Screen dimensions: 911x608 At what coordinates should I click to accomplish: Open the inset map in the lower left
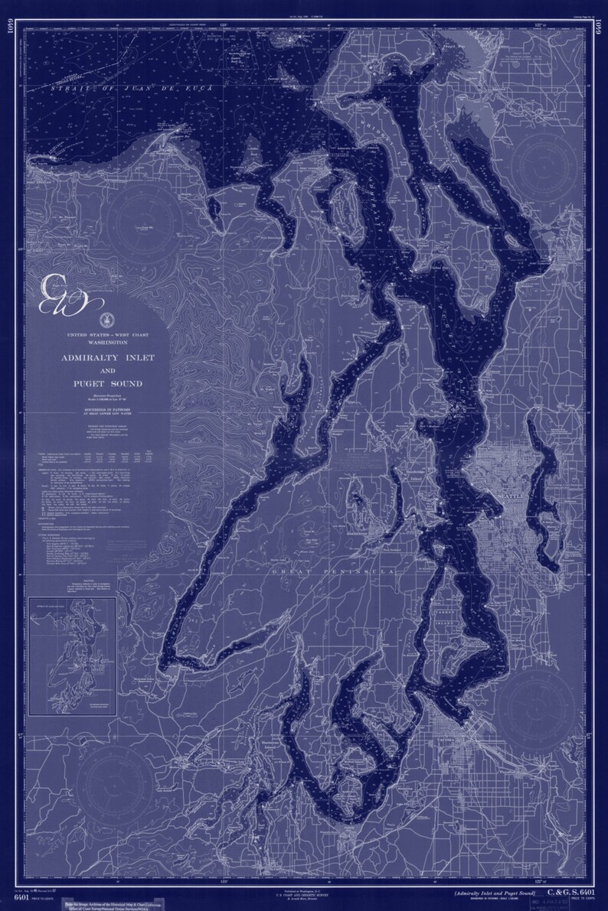click(x=74, y=656)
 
